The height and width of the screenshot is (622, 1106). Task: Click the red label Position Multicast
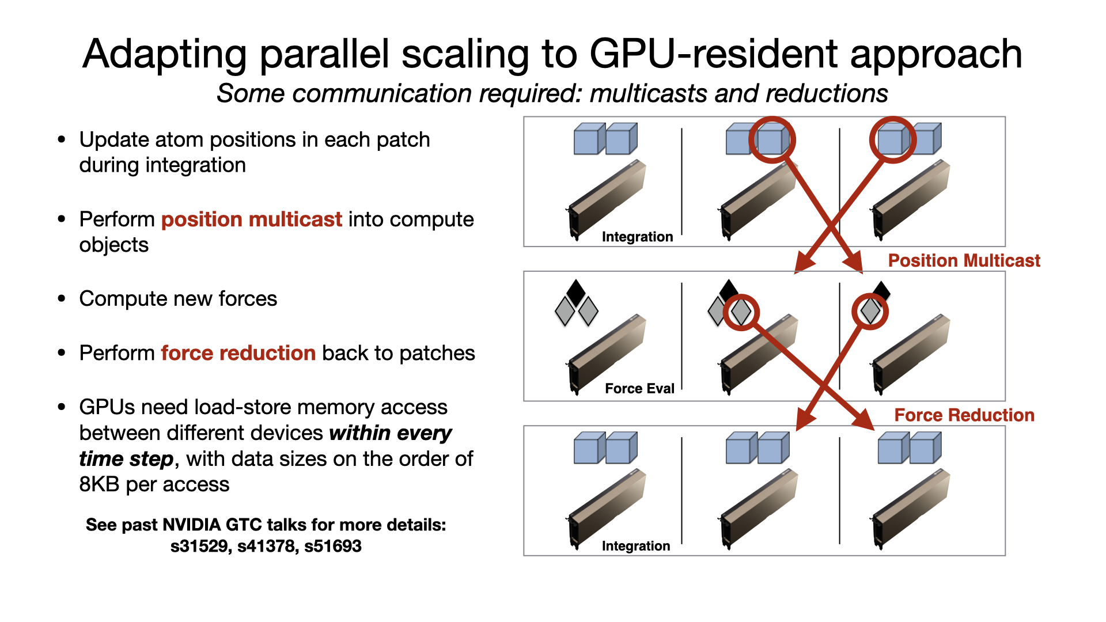coord(964,261)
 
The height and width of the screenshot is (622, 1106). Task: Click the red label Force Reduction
coord(964,415)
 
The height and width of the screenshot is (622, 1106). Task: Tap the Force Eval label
coord(639,389)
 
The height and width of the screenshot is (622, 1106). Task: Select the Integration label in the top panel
coord(637,237)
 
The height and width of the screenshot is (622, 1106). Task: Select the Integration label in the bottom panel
coord(636,546)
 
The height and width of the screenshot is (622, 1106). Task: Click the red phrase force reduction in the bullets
coord(238,353)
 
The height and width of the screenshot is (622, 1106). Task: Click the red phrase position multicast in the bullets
coord(252,219)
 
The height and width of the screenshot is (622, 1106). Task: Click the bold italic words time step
coord(126,459)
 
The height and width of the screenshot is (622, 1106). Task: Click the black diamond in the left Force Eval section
coord(576,291)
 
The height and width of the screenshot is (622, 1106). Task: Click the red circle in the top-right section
coord(892,140)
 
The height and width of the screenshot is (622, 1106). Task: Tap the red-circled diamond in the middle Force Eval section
coord(741,312)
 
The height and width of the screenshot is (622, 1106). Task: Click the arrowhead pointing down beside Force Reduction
coord(863,420)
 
